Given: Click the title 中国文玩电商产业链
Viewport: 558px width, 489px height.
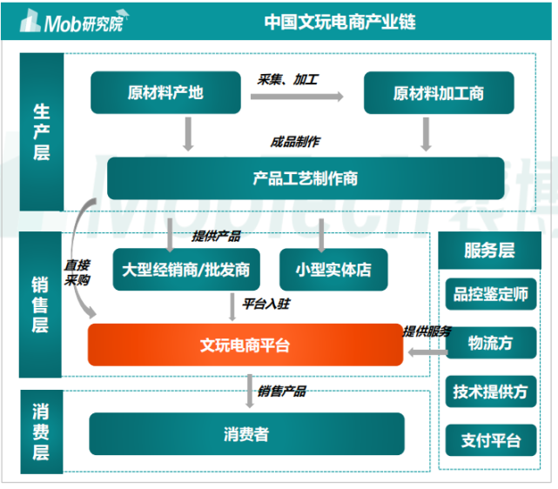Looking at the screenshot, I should (339, 21).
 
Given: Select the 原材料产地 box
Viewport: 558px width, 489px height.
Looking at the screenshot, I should (165, 92).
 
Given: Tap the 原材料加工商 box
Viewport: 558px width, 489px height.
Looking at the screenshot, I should (438, 93).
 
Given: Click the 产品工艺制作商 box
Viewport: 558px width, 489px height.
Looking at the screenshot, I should (305, 178).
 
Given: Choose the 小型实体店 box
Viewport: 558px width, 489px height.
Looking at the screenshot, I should (333, 270).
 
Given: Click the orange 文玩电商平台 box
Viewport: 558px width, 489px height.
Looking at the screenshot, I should (245, 345).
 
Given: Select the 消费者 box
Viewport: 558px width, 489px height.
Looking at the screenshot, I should (246, 433).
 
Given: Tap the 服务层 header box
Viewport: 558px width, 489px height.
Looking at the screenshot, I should (489, 251).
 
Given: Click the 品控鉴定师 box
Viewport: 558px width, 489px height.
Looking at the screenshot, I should (490, 294).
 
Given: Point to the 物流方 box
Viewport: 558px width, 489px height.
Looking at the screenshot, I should (490, 343).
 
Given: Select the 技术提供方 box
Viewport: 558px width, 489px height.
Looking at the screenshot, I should (490, 392).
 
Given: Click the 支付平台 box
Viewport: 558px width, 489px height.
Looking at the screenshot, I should (490, 440).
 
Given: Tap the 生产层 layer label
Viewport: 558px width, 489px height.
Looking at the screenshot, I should (41, 131).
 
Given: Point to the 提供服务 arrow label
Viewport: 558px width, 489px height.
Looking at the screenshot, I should (427, 331).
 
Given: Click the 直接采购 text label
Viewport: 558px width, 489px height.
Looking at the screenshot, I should (77, 273).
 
